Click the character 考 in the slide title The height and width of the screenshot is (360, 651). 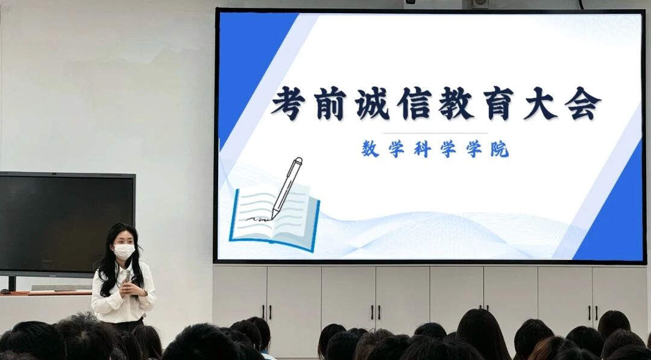click(x=288, y=103)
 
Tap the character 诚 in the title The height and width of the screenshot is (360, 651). click(x=372, y=103)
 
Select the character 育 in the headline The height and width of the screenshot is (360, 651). click(x=498, y=103)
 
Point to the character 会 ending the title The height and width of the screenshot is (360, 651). click(x=582, y=103)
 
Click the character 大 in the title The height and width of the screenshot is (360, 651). click(x=540, y=103)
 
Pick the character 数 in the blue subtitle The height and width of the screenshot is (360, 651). click(x=370, y=149)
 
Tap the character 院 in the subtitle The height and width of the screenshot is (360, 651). click(x=500, y=149)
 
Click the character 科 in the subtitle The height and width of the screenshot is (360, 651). click(x=422, y=149)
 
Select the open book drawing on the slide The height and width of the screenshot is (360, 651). click(x=274, y=219)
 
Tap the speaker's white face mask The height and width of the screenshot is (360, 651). click(x=124, y=251)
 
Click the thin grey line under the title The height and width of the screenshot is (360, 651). click(x=435, y=133)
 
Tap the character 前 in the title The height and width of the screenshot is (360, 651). click(x=330, y=103)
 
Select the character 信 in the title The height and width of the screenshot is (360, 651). click(x=414, y=103)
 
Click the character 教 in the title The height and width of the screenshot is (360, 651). click(x=456, y=103)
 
